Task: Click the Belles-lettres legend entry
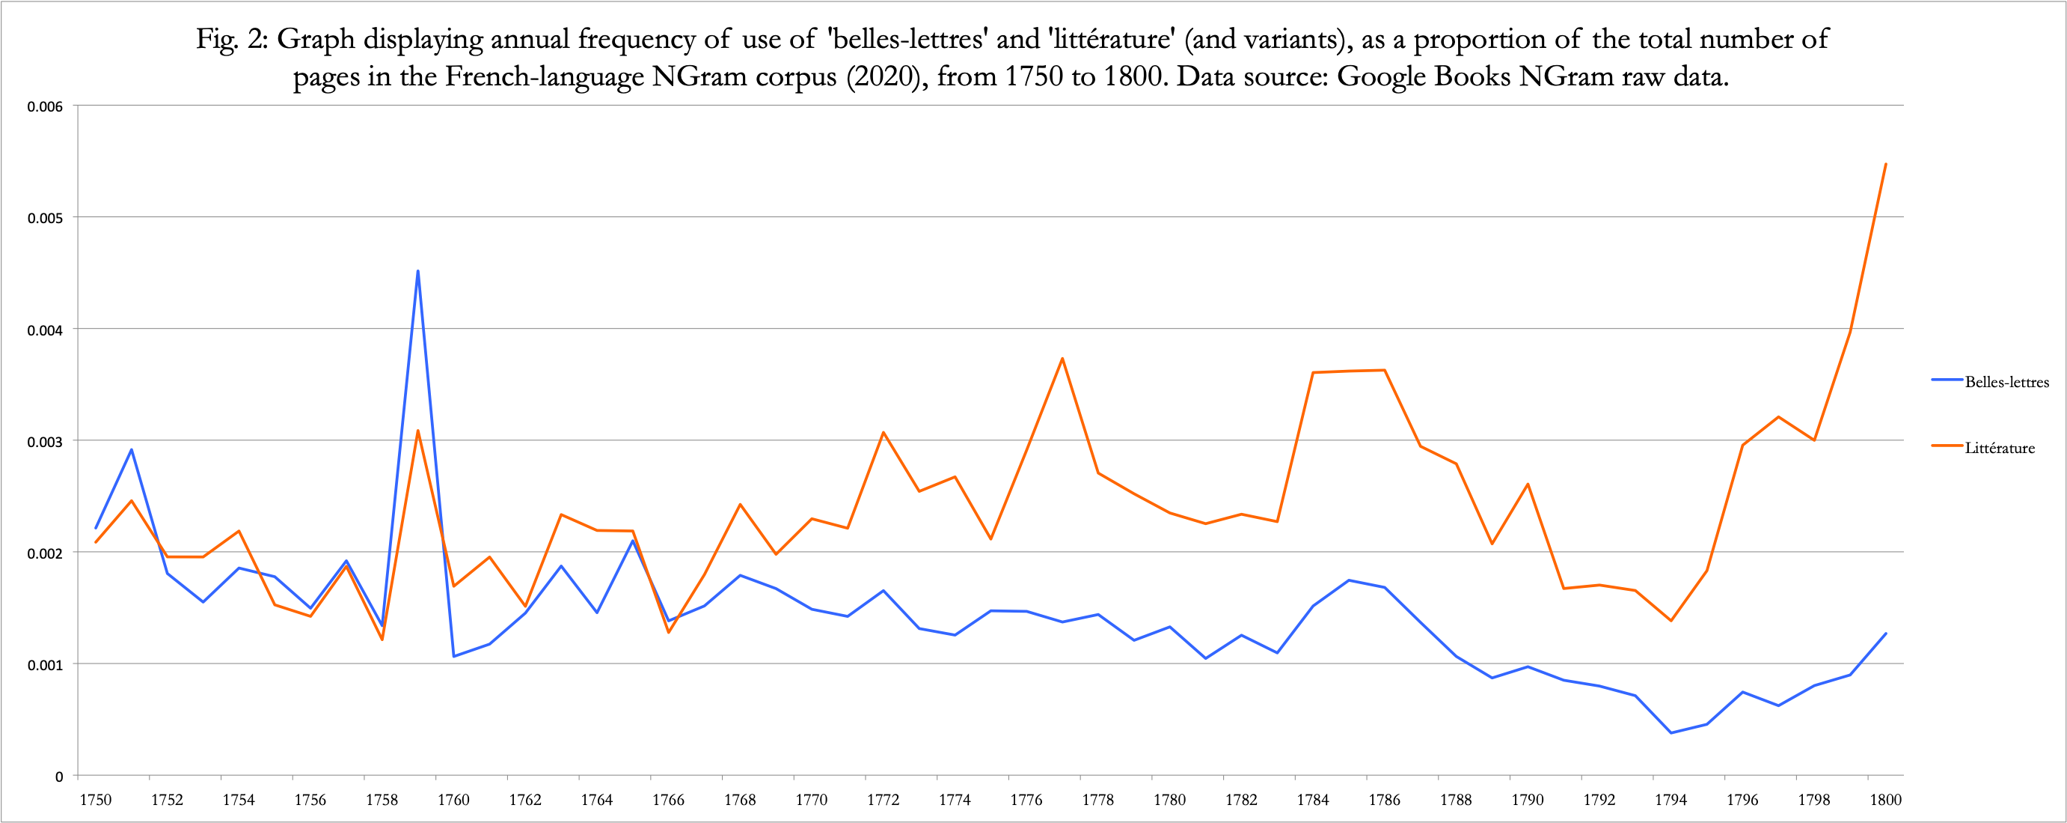(2006, 382)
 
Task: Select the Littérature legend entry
(1999, 448)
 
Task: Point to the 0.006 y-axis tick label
(45, 107)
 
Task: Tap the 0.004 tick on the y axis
(45, 330)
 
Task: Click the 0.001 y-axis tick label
(45, 665)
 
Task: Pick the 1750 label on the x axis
(96, 800)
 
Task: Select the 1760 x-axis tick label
(453, 800)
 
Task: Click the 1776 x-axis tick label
(1026, 800)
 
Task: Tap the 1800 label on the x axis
(1886, 800)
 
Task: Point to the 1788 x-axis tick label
(1456, 800)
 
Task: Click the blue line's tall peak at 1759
(418, 271)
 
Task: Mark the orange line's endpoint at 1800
(1886, 164)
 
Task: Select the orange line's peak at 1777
(1062, 358)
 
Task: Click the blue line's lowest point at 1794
(1671, 733)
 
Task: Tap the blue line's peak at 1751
(132, 449)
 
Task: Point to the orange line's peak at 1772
(884, 432)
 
